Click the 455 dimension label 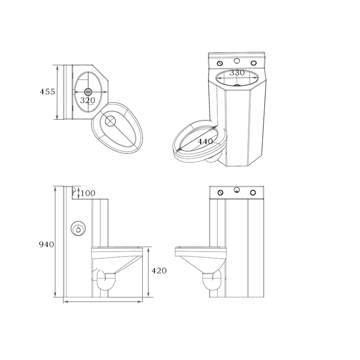coord(47,92)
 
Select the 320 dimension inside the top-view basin coord(87,100)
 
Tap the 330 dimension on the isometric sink coord(237,72)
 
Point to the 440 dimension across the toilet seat coord(205,141)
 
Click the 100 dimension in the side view coord(88,193)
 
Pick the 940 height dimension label coord(46,244)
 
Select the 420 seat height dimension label coord(159,271)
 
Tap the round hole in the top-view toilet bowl coord(110,121)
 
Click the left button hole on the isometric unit coord(220,63)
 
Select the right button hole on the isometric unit coord(253,63)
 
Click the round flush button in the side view coord(79,229)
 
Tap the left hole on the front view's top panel coord(220,193)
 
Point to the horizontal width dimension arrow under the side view coord(103,301)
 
